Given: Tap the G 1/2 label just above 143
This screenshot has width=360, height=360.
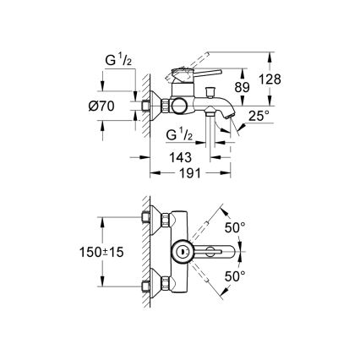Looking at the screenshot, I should click(181, 135).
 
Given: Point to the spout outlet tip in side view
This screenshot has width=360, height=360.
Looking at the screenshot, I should click(226, 125).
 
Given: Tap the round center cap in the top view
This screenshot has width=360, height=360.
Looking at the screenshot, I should click(179, 252).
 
